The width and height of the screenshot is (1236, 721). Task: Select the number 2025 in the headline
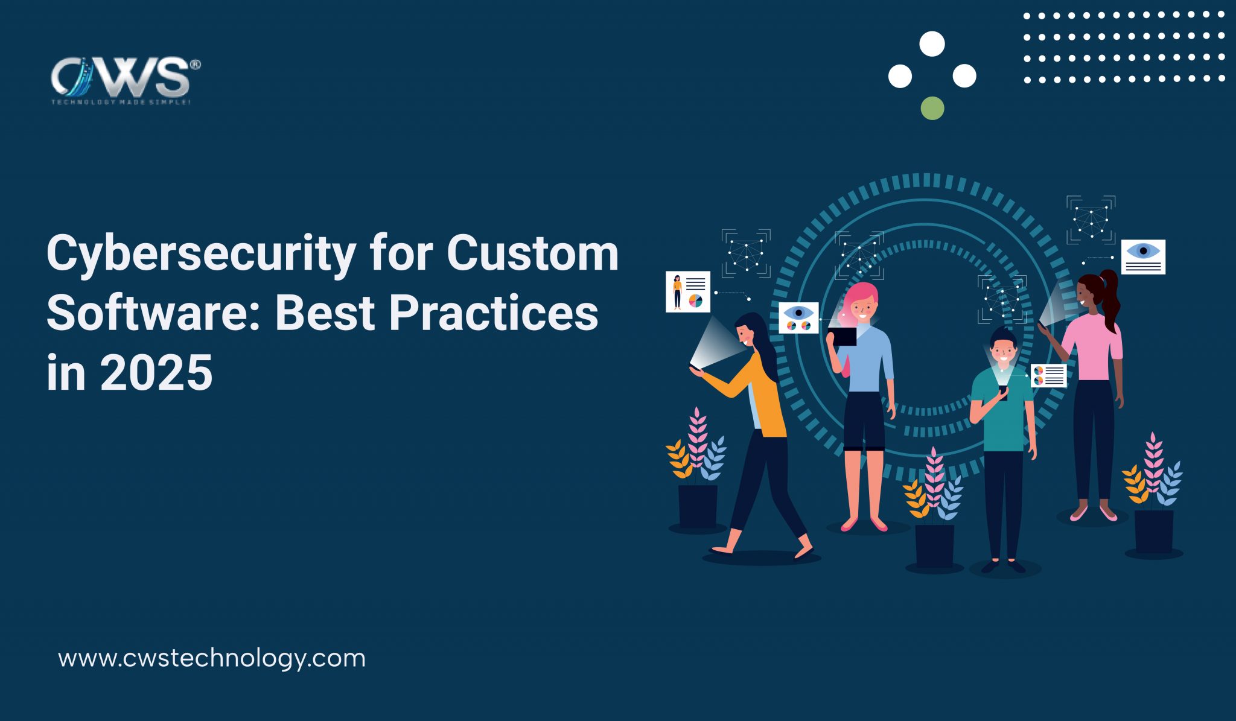(x=156, y=373)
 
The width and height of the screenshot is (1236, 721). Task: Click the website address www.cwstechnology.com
(x=212, y=658)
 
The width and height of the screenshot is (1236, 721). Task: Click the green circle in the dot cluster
(x=932, y=108)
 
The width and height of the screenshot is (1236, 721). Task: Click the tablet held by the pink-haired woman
(x=844, y=336)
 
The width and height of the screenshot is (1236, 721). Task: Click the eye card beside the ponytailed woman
(x=1143, y=257)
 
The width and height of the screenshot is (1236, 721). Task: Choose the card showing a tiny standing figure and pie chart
(x=688, y=292)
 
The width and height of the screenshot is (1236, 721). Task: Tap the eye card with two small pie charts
(x=798, y=318)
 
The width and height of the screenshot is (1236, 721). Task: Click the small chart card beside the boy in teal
(x=1049, y=375)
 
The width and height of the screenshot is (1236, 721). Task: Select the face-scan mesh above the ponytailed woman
(x=1091, y=220)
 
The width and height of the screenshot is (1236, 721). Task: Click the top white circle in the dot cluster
(x=932, y=44)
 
